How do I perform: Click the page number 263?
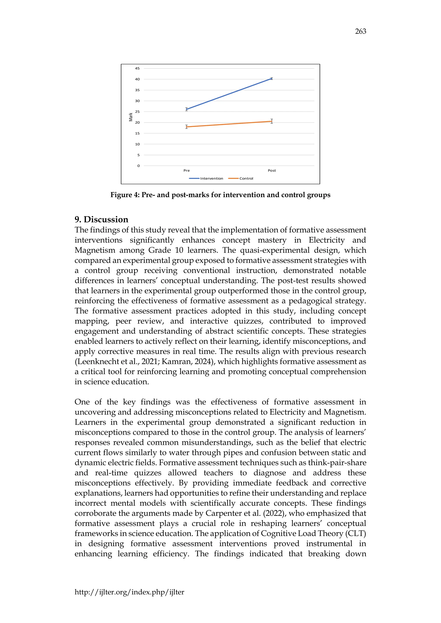click(360, 31)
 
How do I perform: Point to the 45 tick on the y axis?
click(137, 68)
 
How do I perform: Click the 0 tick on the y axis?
click(138, 166)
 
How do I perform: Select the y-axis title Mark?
click(131, 117)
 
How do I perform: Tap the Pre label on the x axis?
click(186, 170)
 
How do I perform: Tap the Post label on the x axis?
click(272, 170)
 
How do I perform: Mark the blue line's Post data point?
click(272, 79)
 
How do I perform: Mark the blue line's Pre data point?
click(186, 109)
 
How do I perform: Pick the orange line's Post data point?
click(272, 121)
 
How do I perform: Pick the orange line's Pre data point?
click(186, 127)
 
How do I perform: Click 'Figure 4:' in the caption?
click(125, 195)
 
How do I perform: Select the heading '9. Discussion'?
click(101, 219)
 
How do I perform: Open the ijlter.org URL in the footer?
click(129, 592)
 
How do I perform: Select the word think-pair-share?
click(337, 463)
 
